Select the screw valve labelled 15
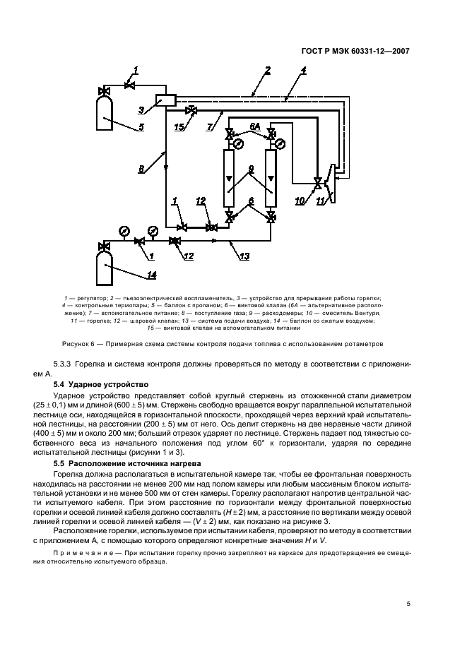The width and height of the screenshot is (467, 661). click(x=191, y=111)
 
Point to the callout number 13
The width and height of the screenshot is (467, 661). click(x=244, y=256)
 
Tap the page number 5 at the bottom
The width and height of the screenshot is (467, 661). click(x=408, y=604)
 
